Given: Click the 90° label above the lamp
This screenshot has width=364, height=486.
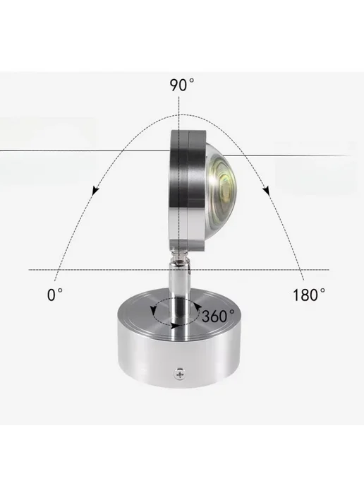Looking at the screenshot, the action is [x=182, y=85].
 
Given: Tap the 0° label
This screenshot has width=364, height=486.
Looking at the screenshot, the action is [x=55, y=295].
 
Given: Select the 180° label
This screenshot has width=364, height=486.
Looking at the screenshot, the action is [x=308, y=295].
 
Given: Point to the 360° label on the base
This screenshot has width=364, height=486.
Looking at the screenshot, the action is [x=218, y=316].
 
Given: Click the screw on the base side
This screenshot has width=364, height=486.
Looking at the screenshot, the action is [x=180, y=373].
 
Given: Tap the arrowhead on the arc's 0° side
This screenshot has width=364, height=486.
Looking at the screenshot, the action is [x=96, y=190].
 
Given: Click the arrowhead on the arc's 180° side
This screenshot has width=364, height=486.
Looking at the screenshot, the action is [x=267, y=191].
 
